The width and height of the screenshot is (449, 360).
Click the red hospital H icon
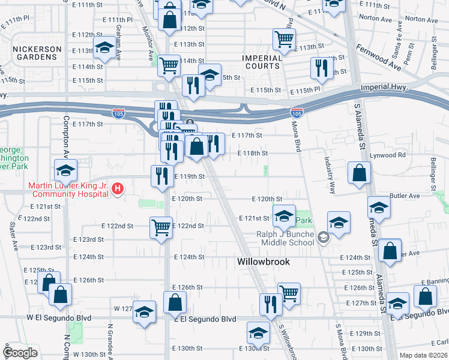(x=118, y=189)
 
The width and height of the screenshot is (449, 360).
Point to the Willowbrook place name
(x=263, y=262)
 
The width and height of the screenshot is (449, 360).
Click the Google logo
(x=20, y=353)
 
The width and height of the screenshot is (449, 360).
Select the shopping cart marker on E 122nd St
(x=161, y=227)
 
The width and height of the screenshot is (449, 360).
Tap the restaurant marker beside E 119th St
(x=161, y=176)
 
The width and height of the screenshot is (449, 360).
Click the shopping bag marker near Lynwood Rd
(x=359, y=173)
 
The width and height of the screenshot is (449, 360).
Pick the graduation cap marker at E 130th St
(x=258, y=333)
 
